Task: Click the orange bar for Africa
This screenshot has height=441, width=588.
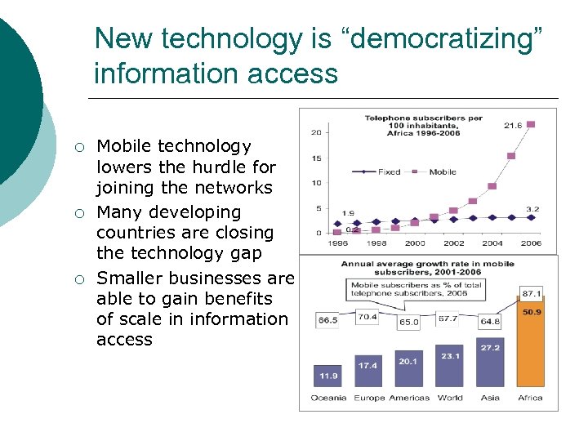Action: click(x=530, y=343)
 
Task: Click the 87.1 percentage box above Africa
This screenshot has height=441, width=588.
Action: click(x=532, y=293)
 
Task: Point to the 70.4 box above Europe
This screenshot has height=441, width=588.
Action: click(x=367, y=316)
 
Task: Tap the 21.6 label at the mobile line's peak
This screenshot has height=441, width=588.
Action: click(x=512, y=125)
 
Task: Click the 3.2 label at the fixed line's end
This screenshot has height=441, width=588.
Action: click(x=532, y=209)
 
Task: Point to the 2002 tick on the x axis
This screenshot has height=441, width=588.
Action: click(x=454, y=243)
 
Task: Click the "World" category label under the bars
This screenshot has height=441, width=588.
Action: click(x=449, y=398)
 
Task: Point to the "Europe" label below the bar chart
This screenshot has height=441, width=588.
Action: click(x=369, y=398)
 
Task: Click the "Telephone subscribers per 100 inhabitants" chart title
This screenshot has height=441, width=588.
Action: click(x=423, y=122)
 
